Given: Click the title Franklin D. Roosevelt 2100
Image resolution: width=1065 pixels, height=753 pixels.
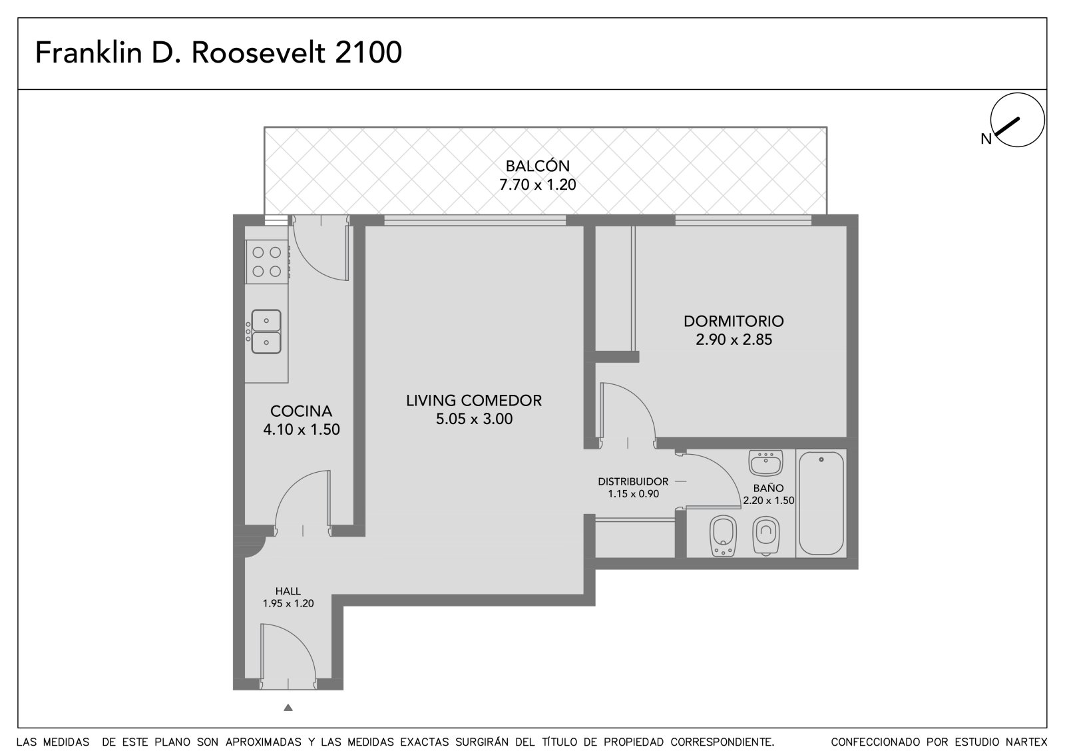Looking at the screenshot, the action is pyautogui.click(x=219, y=53).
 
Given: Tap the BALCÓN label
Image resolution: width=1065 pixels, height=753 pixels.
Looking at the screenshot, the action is pyautogui.click(x=537, y=166).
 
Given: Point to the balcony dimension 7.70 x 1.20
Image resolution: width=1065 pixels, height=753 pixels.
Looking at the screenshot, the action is pyautogui.click(x=537, y=184).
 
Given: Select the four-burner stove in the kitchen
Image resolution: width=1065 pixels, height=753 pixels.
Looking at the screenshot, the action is pyautogui.click(x=267, y=262).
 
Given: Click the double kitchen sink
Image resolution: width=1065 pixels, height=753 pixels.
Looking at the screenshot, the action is pyautogui.click(x=266, y=332).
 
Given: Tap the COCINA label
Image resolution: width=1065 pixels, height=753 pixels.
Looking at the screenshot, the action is pyautogui.click(x=301, y=411).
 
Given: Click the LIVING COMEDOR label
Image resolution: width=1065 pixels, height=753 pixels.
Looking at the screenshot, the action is pyautogui.click(x=474, y=401).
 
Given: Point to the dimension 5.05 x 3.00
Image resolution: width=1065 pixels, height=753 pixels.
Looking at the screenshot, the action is pyautogui.click(x=474, y=419).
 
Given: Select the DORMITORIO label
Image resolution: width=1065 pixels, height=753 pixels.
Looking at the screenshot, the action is pyautogui.click(x=734, y=321).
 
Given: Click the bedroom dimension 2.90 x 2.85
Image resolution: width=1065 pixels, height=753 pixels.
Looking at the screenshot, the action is pyautogui.click(x=734, y=340).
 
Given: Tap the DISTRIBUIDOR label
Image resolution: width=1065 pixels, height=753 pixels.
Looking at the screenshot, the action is pyautogui.click(x=633, y=481).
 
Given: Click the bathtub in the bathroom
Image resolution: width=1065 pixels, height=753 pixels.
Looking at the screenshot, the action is pyautogui.click(x=821, y=503).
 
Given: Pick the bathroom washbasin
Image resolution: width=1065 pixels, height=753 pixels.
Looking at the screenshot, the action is pyautogui.click(x=765, y=463).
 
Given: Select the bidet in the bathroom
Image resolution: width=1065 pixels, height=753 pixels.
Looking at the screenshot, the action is pyautogui.click(x=723, y=535).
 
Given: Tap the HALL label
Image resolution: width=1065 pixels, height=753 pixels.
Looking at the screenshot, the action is pyautogui.click(x=288, y=591).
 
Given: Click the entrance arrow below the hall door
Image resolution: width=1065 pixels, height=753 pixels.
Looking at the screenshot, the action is pyautogui.click(x=288, y=707).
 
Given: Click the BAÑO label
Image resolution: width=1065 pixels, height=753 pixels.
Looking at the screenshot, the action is pyautogui.click(x=768, y=487).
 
